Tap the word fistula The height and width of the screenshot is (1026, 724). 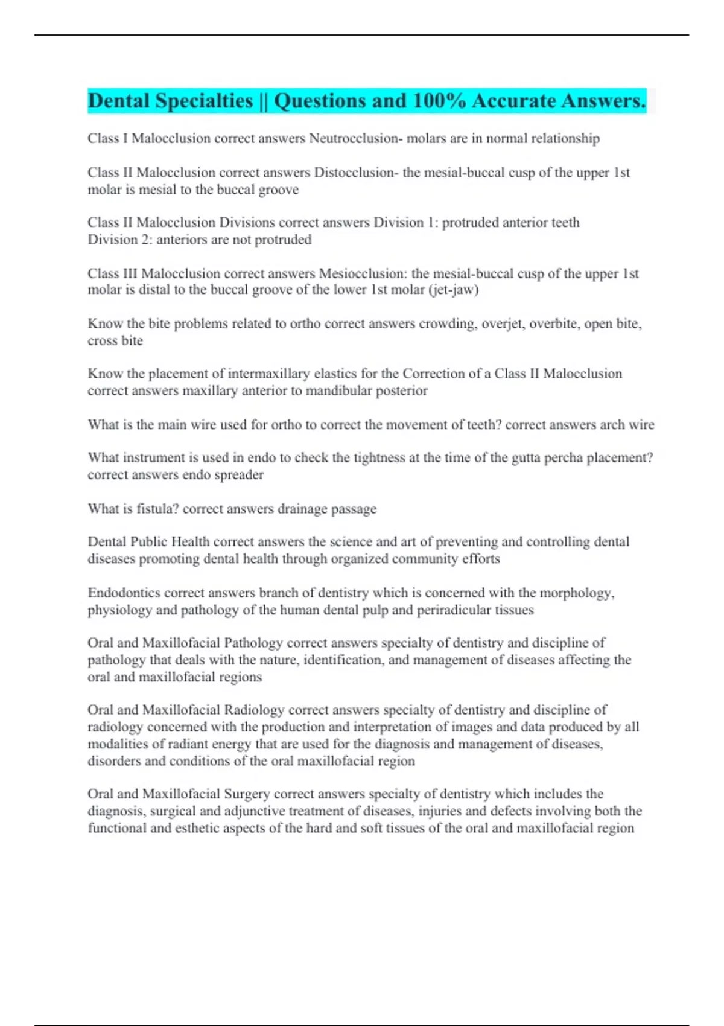[x=157, y=509]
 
